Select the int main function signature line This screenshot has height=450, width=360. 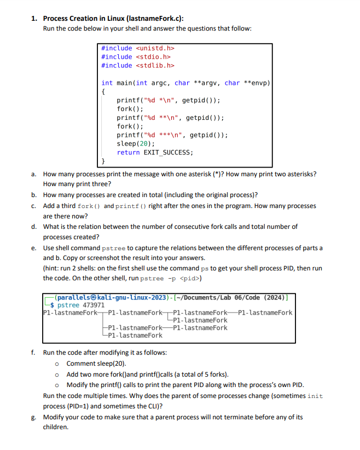click(x=186, y=83)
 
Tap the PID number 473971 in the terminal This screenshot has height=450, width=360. click(x=97, y=305)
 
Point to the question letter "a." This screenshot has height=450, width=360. click(x=34, y=174)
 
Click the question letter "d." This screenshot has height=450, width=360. click(x=34, y=227)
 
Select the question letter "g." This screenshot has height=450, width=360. click(x=34, y=417)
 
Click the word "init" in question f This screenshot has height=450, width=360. click(x=316, y=396)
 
